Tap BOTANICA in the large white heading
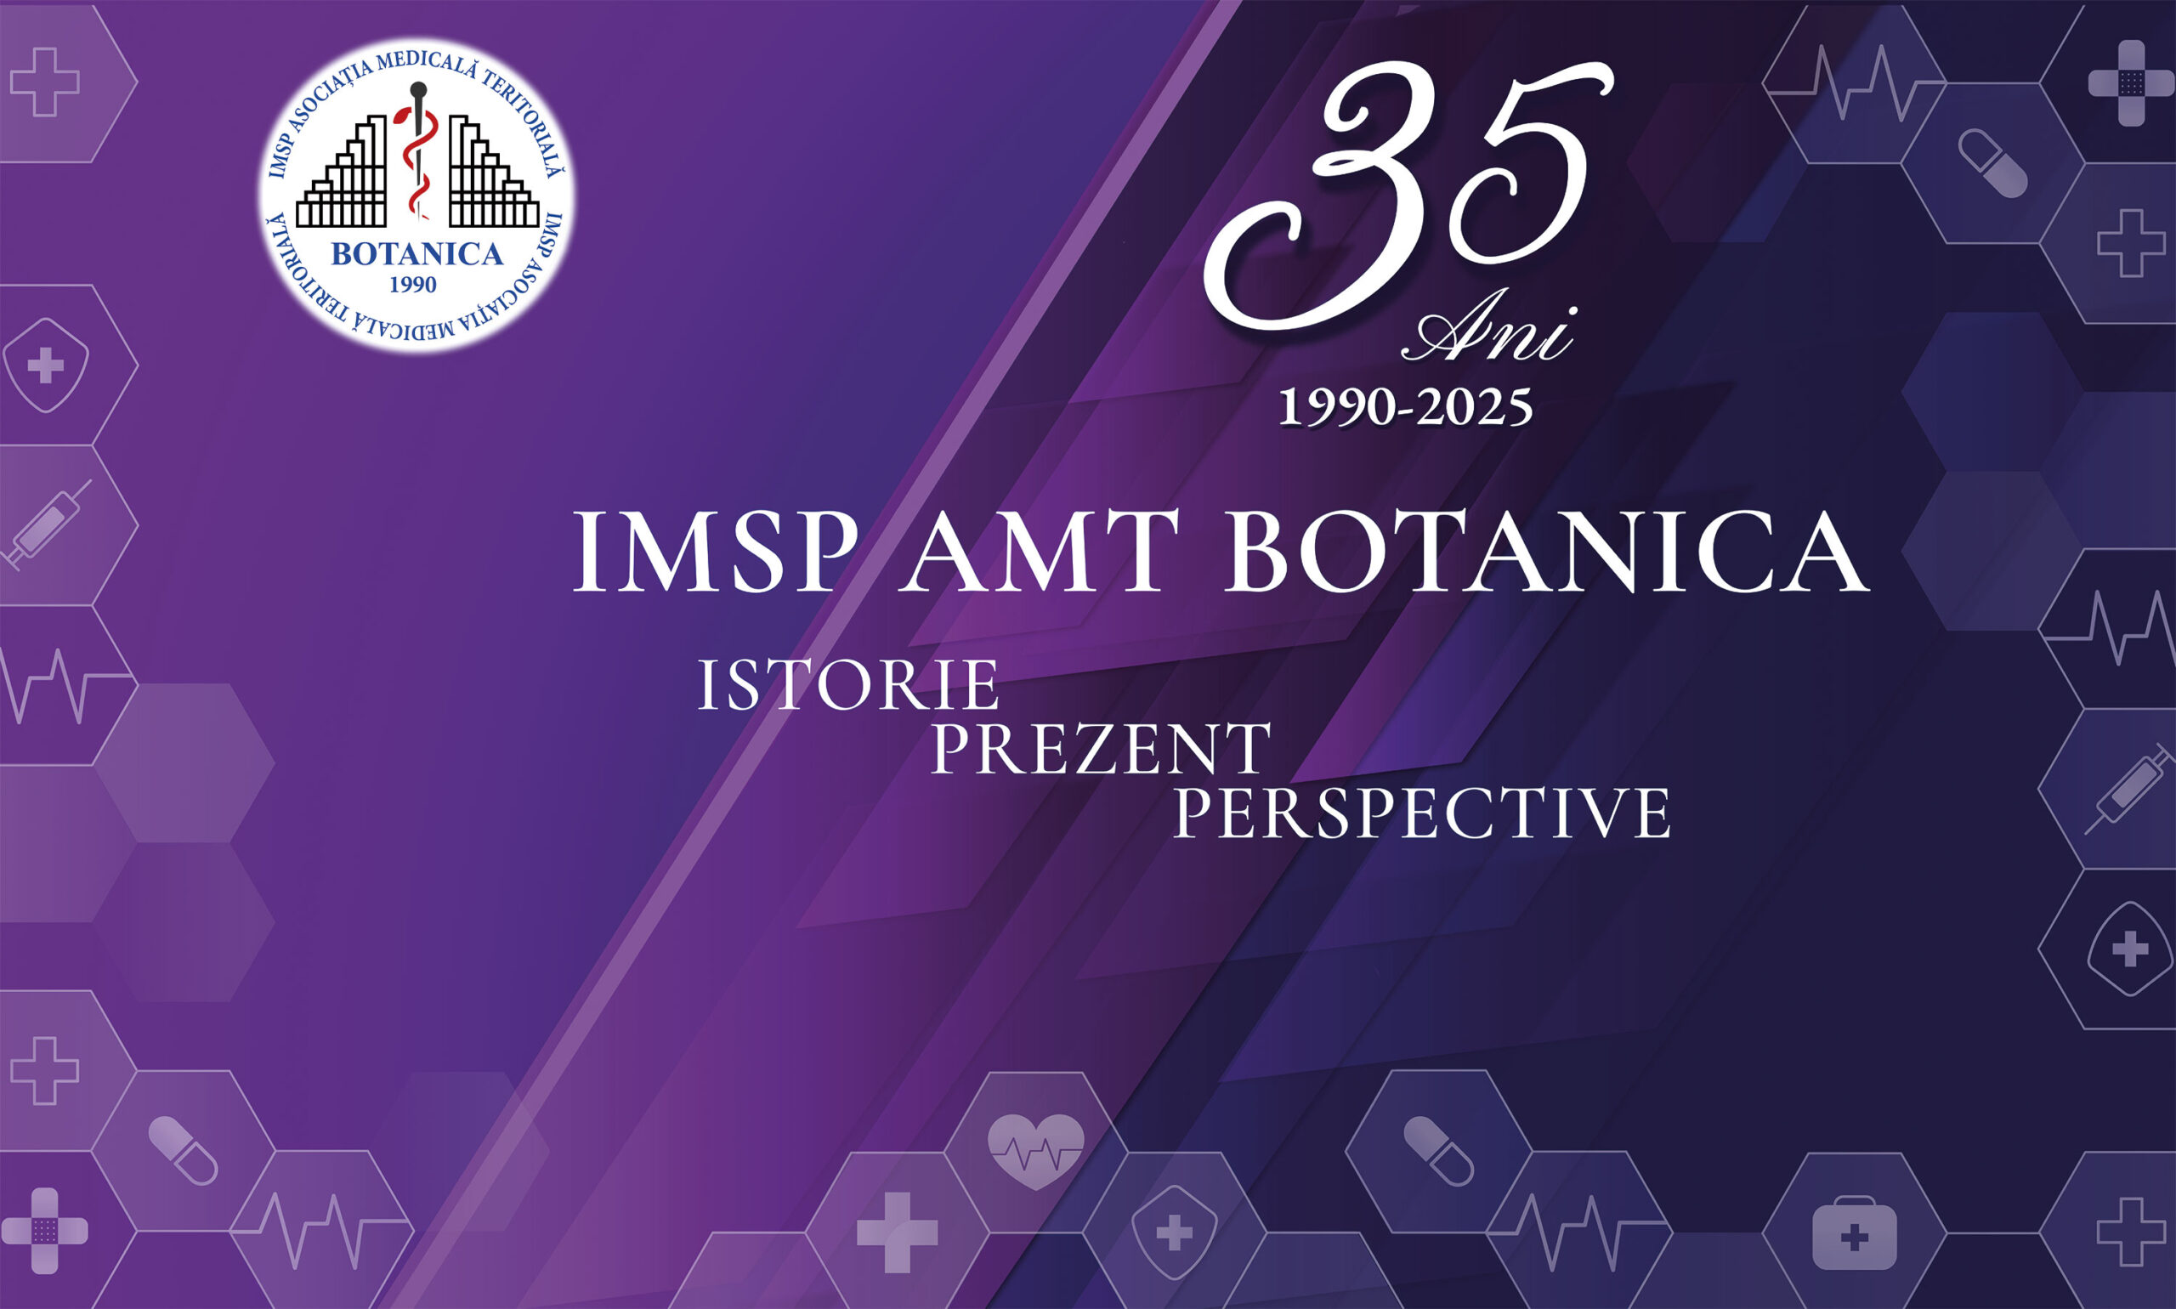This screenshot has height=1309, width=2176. coord(1544,554)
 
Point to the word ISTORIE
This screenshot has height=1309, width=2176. coord(848,685)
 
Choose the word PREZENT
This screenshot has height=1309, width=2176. coord(1100,750)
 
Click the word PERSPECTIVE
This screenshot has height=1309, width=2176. coord(1421,814)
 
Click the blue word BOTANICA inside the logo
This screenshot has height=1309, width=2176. coord(416,255)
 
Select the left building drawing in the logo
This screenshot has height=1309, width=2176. coord(344,177)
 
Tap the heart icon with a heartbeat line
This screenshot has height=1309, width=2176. coord(1035,1150)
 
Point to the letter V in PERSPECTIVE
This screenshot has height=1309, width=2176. coord(1601,814)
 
